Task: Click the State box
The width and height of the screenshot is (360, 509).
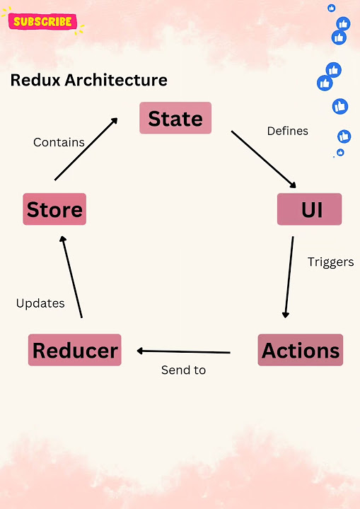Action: tap(175, 118)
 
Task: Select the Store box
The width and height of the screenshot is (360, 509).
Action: tap(54, 209)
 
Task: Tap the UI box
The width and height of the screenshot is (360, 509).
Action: tap(309, 209)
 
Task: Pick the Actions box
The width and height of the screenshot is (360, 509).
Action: tap(300, 350)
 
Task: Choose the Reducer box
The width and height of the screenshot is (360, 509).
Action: tap(75, 350)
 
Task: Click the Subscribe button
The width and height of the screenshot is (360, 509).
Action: tap(42, 21)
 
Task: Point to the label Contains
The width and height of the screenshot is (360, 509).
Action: tap(59, 142)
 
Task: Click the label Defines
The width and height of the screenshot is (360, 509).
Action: tap(288, 131)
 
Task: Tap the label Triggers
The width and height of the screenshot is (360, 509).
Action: tap(331, 262)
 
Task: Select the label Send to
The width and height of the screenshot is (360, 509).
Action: tap(184, 370)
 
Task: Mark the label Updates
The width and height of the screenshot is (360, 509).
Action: tap(40, 303)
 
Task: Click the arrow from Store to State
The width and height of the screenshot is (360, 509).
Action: tap(86, 149)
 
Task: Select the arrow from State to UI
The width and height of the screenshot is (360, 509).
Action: tap(264, 159)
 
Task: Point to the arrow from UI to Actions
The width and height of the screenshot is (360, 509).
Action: tap(289, 277)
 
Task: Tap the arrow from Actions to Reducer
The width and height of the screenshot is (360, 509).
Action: tap(184, 351)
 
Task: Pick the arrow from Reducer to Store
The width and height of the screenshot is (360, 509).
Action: tap(71, 277)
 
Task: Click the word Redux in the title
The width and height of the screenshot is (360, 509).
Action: tap(35, 80)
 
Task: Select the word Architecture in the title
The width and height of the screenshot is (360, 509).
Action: tap(116, 80)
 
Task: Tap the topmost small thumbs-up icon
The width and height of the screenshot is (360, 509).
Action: tap(332, 8)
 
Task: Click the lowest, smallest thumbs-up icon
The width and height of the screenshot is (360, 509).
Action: tap(340, 152)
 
